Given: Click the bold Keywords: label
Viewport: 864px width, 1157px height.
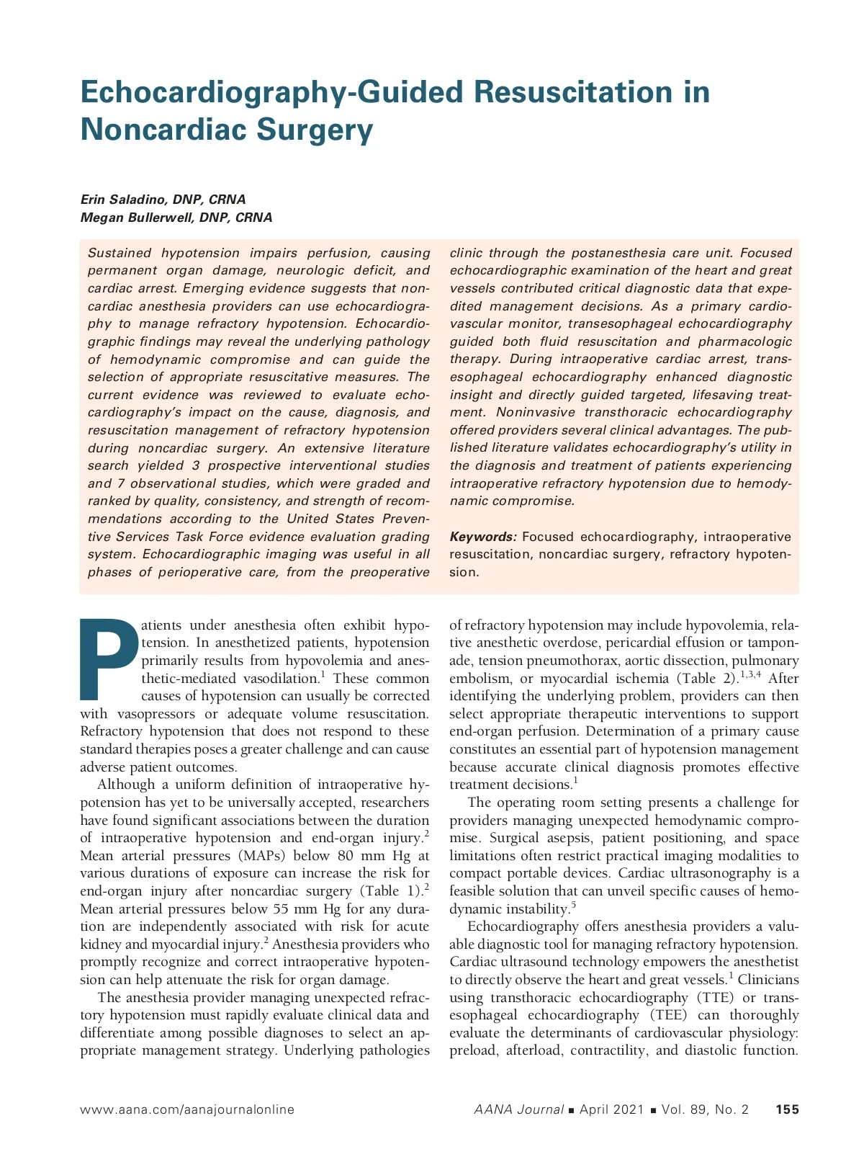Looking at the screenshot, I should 483,537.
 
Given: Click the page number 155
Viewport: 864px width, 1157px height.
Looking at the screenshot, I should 787,1109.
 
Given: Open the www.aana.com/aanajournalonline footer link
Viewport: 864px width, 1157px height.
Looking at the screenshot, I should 187,1109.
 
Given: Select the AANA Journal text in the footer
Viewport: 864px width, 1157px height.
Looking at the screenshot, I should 518,1109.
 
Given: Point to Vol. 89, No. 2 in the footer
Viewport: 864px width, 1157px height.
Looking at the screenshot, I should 705,1109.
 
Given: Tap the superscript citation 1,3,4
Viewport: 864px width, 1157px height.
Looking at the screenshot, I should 750,674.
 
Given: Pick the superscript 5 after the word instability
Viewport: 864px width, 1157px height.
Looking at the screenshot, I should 574,905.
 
